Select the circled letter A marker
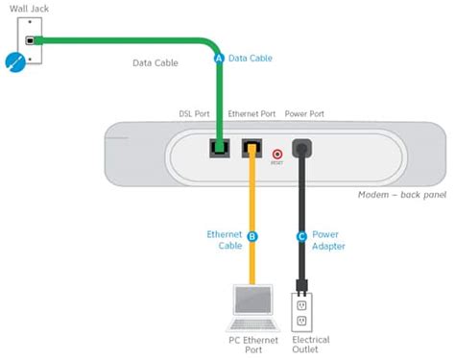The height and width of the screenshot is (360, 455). click(x=217, y=59)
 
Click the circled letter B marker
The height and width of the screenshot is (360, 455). click(x=253, y=235)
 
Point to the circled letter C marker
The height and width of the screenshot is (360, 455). click(x=303, y=235)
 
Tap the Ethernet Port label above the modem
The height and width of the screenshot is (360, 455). click(x=252, y=113)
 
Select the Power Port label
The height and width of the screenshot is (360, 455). click(x=305, y=113)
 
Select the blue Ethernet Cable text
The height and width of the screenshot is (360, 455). click(x=224, y=240)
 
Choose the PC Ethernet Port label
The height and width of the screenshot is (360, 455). click(x=253, y=343)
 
